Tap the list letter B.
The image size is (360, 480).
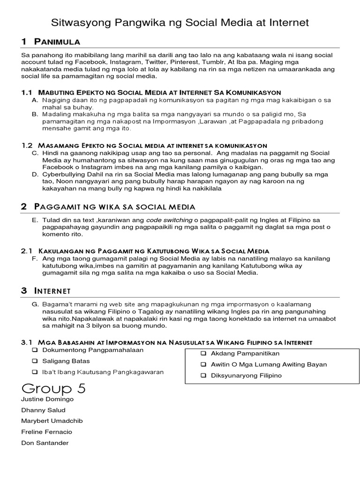tap(35, 114)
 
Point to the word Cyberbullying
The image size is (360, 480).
tap(64, 174)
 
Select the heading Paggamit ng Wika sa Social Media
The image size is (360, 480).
tap(114, 207)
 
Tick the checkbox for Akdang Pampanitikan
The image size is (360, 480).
tap(203, 353)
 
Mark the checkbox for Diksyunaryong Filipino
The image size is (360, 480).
tap(203, 375)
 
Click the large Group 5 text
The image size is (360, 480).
tap(53, 388)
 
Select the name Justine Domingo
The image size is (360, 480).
tap(47, 399)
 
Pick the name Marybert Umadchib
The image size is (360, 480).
tap(52, 421)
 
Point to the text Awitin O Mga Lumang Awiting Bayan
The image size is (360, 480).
tap(269, 364)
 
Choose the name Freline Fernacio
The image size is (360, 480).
tap(47, 432)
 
